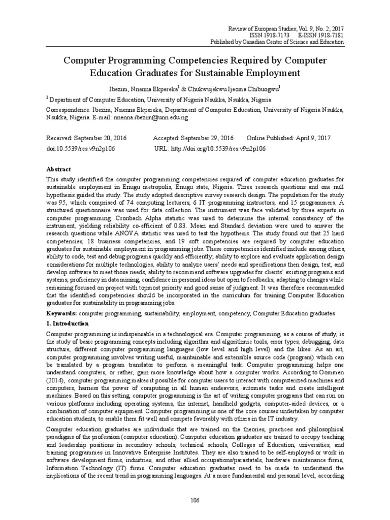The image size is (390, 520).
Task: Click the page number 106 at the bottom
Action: (195, 501)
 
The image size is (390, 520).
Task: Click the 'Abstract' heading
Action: (59, 169)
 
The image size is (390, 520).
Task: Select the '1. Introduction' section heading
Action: (68, 323)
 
